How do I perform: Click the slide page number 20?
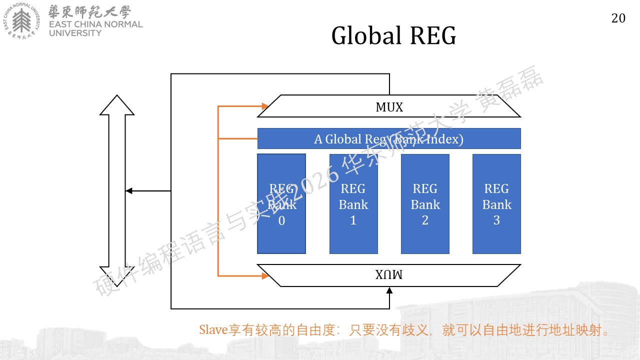618,18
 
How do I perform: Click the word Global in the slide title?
366,35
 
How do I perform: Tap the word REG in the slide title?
433,35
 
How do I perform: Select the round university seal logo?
21,21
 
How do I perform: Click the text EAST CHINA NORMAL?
95,24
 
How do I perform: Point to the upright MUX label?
389,107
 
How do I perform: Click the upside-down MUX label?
389,274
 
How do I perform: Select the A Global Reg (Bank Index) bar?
389,138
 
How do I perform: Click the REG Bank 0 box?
281,203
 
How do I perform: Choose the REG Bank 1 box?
353,203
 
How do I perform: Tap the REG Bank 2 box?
425,203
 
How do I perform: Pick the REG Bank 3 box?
496,203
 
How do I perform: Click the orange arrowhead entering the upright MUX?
265,106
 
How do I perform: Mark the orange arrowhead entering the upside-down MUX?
265,275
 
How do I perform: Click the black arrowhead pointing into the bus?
129,191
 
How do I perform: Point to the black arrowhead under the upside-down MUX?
389,290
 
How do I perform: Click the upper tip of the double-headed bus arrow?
117,95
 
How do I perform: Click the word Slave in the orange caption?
213,329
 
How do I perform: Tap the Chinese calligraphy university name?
89,11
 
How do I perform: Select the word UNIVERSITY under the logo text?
75,33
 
